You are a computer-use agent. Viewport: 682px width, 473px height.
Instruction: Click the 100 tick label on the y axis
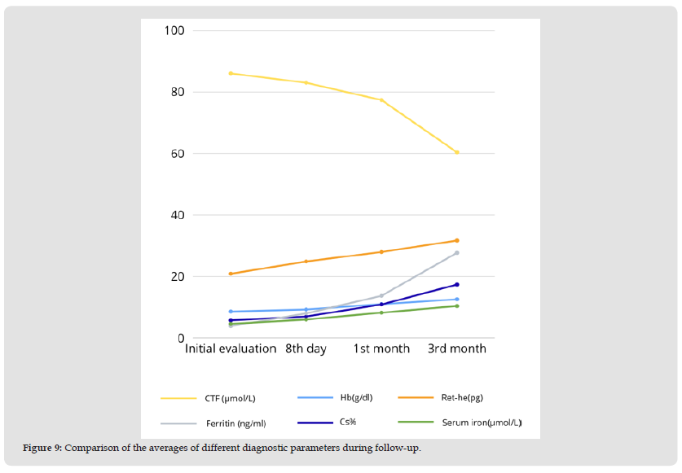176,31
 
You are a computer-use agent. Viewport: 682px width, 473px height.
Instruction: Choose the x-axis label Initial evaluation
231,348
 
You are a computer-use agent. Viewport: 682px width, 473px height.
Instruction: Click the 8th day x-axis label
306,348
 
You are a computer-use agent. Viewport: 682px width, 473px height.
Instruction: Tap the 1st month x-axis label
381,348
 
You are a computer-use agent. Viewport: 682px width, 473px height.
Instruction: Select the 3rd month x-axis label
456,348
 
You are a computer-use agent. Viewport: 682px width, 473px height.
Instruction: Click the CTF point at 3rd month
457,152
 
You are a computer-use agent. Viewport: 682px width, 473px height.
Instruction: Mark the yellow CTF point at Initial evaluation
231,73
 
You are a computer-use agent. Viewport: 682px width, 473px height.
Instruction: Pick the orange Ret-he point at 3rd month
457,240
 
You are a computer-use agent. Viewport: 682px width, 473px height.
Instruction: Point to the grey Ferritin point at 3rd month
457,252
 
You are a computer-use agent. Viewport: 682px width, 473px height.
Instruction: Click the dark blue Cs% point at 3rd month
457,284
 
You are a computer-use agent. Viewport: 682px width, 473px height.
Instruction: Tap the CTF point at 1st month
381,100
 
